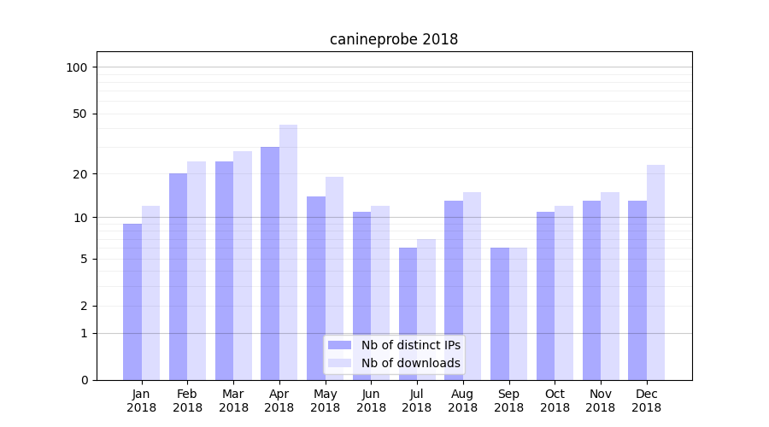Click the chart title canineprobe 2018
[x=394, y=40]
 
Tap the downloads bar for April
[x=288, y=252]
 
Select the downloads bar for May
[x=334, y=278]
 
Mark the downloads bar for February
[x=197, y=270]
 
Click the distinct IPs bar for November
[x=591, y=290]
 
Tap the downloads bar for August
[x=472, y=286]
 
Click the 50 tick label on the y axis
[x=80, y=114]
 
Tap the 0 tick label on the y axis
[x=84, y=380]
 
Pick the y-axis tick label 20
[x=80, y=174]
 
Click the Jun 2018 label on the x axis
[x=371, y=401]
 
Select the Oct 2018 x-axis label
[x=555, y=401]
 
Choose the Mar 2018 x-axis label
[x=233, y=401]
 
